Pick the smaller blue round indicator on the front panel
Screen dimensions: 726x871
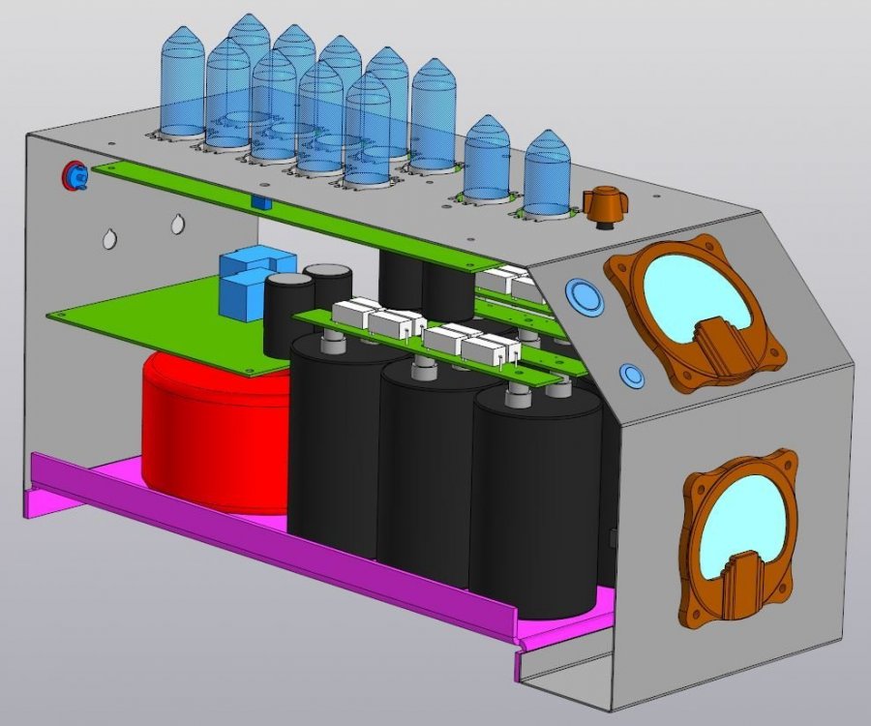[631, 376]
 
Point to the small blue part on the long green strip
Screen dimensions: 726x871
[259, 202]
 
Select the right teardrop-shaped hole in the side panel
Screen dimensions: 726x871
[178, 225]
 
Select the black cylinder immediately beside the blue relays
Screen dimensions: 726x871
[288, 305]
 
